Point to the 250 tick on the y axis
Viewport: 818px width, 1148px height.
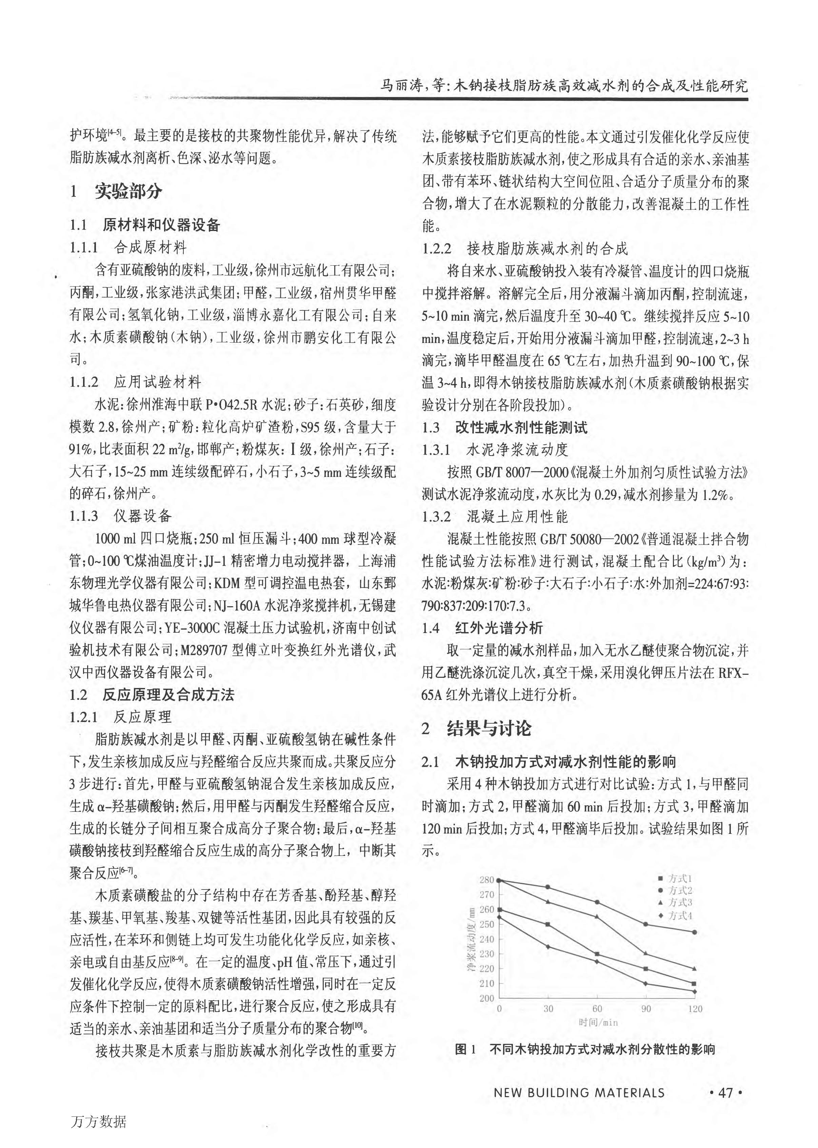(487, 924)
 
